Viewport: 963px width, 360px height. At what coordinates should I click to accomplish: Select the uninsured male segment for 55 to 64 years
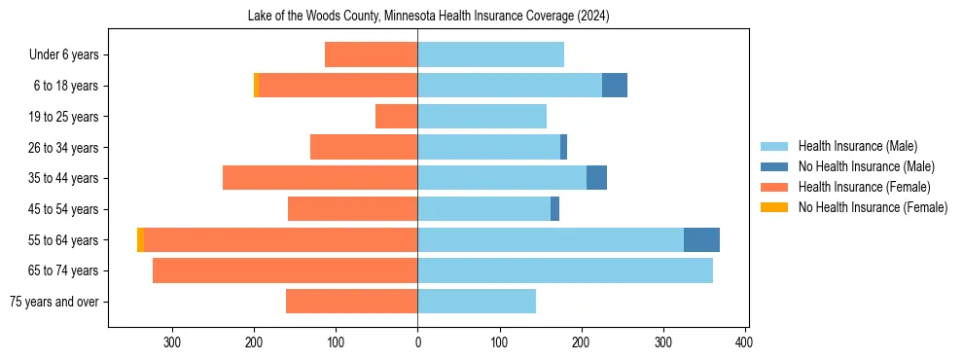(x=701, y=239)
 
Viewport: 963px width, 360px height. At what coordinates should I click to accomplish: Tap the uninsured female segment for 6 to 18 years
(x=256, y=86)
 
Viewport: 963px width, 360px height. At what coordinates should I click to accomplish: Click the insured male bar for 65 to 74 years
(x=565, y=270)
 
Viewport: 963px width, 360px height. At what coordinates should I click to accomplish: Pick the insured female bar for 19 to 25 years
(x=396, y=117)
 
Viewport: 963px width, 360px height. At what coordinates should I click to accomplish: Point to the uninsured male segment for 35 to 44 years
(x=596, y=178)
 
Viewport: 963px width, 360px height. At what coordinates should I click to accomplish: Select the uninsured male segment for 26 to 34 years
(x=563, y=147)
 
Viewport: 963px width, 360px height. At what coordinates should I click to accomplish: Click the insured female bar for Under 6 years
(x=371, y=54)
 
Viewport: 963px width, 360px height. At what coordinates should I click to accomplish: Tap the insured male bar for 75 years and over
(x=477, y=302)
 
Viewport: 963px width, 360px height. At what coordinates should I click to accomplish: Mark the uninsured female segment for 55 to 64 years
(x=140, y=239)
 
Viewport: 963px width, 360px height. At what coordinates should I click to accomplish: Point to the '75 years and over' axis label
(x=54, y=302)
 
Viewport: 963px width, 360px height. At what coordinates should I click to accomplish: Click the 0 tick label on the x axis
(x=417, y=342)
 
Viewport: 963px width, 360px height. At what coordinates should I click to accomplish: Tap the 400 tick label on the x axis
(x=744, y=342)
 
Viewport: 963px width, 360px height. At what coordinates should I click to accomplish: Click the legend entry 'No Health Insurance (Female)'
(x=873, y=207)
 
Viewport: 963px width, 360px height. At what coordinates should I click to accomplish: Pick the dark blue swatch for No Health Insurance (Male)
(x=775, y=166)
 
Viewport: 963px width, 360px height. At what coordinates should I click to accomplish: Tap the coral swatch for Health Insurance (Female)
(x=775, y=187)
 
